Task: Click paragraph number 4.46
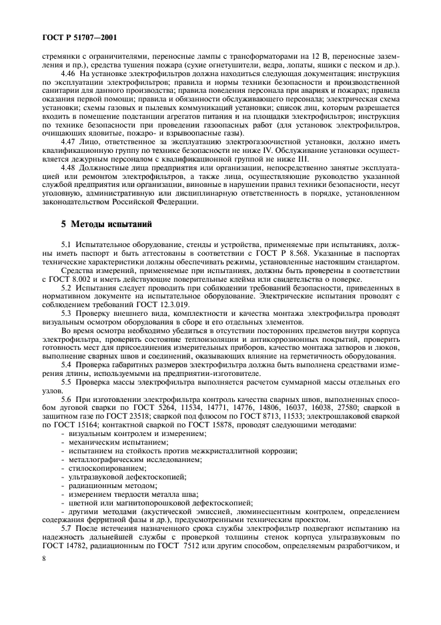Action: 68,71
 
